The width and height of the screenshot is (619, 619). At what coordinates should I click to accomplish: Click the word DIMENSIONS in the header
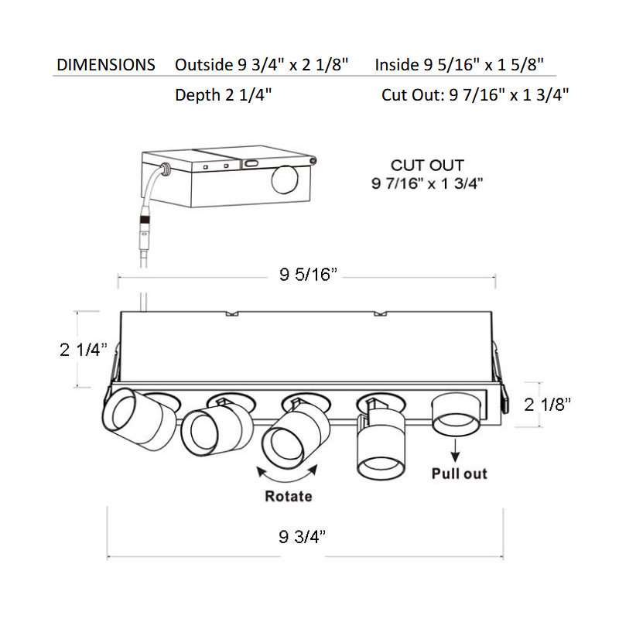point(106,65)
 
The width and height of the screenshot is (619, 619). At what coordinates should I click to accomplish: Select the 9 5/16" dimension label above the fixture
point(308,275)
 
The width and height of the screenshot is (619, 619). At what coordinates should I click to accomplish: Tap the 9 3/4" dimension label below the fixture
point(303,536)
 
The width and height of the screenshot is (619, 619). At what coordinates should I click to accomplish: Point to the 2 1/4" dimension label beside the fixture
point(84,350)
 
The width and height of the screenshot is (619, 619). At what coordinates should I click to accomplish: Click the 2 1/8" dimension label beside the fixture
point(548,405)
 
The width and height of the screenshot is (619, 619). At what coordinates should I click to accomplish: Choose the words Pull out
point(459,474)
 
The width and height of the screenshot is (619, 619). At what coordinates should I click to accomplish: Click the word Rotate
point(289,496)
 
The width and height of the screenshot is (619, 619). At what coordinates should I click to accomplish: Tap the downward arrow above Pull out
point(455,450)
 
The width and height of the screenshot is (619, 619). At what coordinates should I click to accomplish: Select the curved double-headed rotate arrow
point(287,479)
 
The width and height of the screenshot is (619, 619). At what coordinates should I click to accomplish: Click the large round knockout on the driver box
point(286,180)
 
